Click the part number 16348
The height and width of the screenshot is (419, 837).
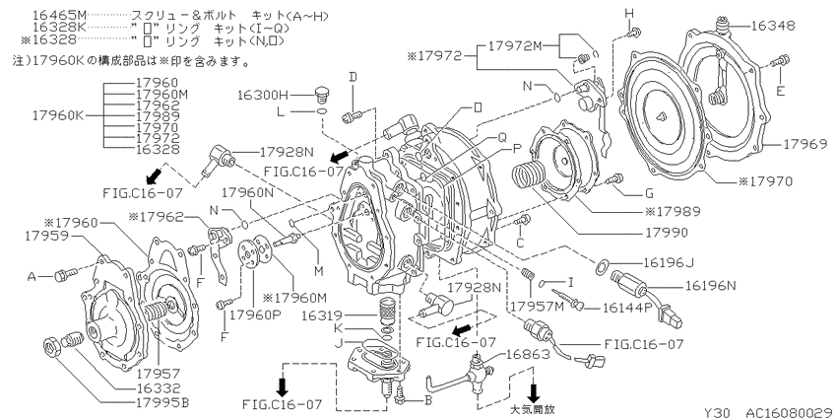pos(773,25)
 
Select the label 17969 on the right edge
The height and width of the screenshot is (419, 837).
pos(805,144)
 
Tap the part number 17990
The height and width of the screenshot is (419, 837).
pos(666,233)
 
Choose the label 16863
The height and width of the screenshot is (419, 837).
pos(528,353)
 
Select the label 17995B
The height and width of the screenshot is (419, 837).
pos(163,402)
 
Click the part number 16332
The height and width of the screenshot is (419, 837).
pos(159,388)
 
